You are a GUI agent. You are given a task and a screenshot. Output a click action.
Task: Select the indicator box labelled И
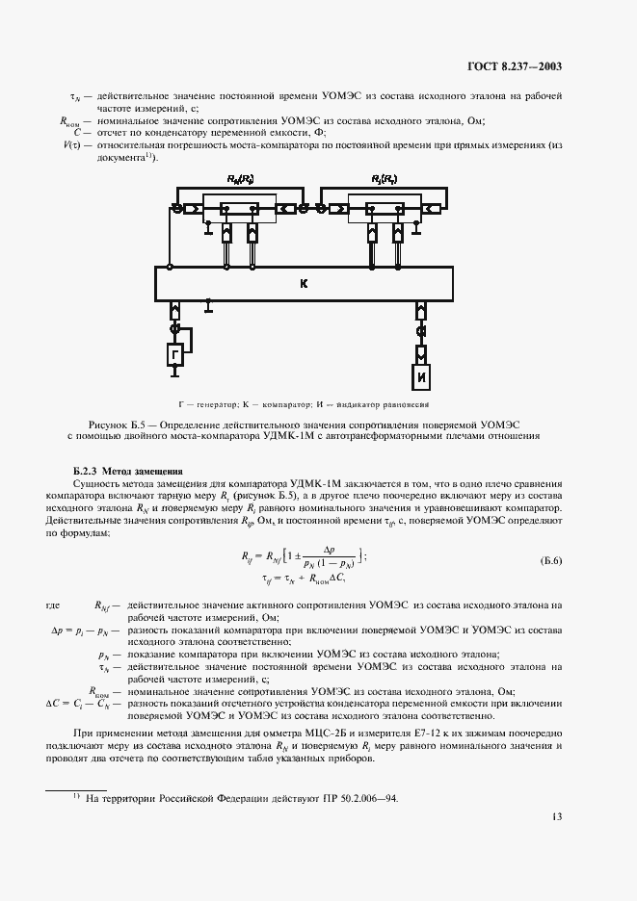tap(421, 377)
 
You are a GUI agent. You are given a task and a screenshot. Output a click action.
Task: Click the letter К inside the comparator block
tap(304, 284)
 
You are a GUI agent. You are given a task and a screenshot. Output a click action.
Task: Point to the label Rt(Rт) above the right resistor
tap(385, 180)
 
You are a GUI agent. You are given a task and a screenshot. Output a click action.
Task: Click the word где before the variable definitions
tap(54, 604)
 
